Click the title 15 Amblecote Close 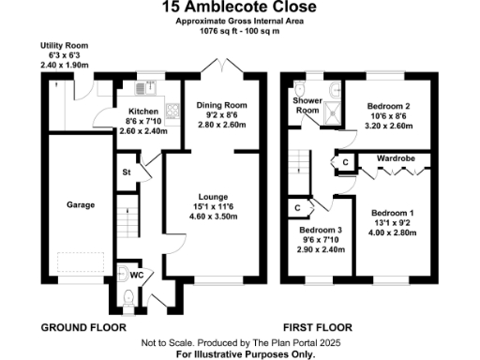point(239,8)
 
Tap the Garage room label point(80,203)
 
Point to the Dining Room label point(220,104)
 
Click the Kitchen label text point(131,111)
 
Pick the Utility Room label point(63,45)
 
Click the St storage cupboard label point(127,172)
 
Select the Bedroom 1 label point(392,213)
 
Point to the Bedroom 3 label point(321,231)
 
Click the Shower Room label point(307,104)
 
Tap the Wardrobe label point(396,159)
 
